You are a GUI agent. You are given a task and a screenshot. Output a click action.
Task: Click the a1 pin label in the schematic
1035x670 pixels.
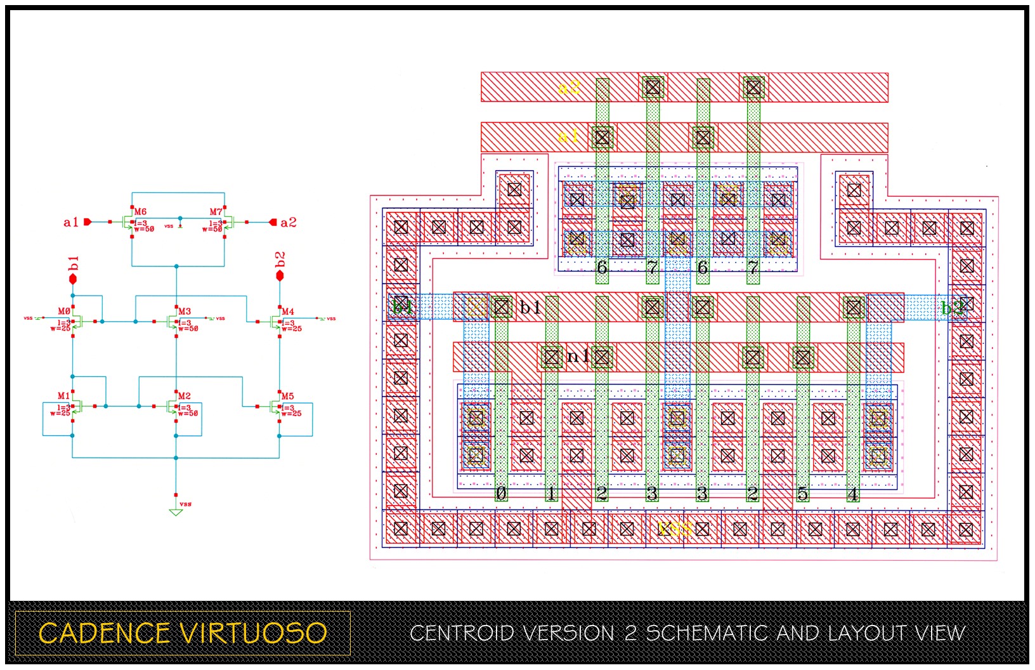click(70, 222)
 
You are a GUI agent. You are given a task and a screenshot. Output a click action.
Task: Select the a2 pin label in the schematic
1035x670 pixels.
click(289, 222)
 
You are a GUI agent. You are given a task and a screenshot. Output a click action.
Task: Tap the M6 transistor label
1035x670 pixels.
click(140, 212)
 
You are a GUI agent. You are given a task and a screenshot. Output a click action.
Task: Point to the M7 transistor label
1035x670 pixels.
click(216, 212)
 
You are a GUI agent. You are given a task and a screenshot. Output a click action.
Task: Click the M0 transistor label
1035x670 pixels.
click(64, 312)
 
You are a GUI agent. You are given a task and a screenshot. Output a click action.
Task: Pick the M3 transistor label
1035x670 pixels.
click(185, 312)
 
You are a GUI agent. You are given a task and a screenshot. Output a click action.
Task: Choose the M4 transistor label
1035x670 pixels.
click(288, 312)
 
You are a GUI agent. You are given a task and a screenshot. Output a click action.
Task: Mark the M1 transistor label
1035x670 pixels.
click(63, 396)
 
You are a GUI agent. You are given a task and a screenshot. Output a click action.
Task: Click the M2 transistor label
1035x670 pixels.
click(184, 396)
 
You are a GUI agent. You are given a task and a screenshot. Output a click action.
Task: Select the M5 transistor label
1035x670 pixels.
click(287, 396)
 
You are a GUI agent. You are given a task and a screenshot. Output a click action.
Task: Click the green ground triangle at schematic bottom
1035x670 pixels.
click(176, 512)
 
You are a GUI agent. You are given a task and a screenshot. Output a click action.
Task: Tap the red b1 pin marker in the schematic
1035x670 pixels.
click(73, 279)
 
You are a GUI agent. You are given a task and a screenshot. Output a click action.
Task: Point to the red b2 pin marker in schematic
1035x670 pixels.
click(280, 276)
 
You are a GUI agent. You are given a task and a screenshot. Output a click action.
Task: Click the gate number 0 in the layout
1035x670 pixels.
click(501, 493)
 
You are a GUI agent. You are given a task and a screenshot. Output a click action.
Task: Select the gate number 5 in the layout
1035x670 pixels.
click(803, 493)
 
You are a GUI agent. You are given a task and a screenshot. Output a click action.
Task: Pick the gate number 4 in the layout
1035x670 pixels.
click(853, 493)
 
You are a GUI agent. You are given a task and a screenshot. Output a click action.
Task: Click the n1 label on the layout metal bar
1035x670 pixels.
click(577, 357)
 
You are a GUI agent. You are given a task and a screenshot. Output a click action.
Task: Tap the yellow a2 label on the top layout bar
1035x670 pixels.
click(569, 87)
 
